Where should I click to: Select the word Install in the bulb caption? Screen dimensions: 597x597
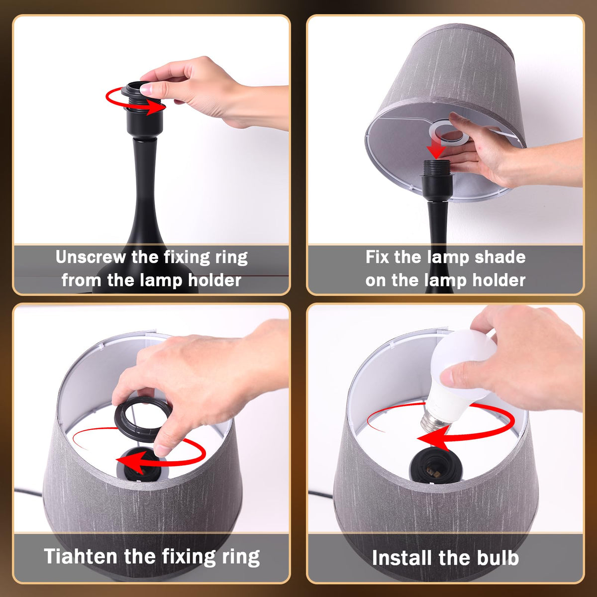coord(401,558)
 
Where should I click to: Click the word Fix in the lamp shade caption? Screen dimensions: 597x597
coord(377,257)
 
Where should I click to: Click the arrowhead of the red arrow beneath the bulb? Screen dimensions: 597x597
coord(434,437)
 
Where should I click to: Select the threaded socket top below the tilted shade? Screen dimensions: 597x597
coord(436,168)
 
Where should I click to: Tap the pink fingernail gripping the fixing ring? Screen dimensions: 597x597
coord(147,90)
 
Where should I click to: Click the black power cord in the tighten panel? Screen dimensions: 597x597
coord(28,492)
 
